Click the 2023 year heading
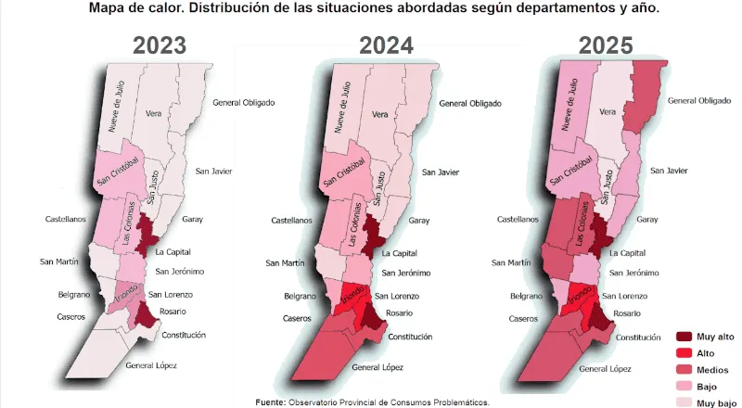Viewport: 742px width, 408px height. tap(159, 46)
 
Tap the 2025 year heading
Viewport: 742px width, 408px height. tap(605, 46)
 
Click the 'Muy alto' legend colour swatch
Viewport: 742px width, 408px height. tap(687, 337)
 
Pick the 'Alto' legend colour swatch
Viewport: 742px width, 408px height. tap(687, 352)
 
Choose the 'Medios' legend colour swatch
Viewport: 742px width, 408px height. tap(687, 368)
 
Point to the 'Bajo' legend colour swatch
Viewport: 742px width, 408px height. tap(687, 385)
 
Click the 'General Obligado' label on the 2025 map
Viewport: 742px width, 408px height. tap(699, 100)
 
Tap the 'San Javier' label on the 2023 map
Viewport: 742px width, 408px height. tap(213, 171)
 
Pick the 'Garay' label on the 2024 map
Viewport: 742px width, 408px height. tap(419, 221)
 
